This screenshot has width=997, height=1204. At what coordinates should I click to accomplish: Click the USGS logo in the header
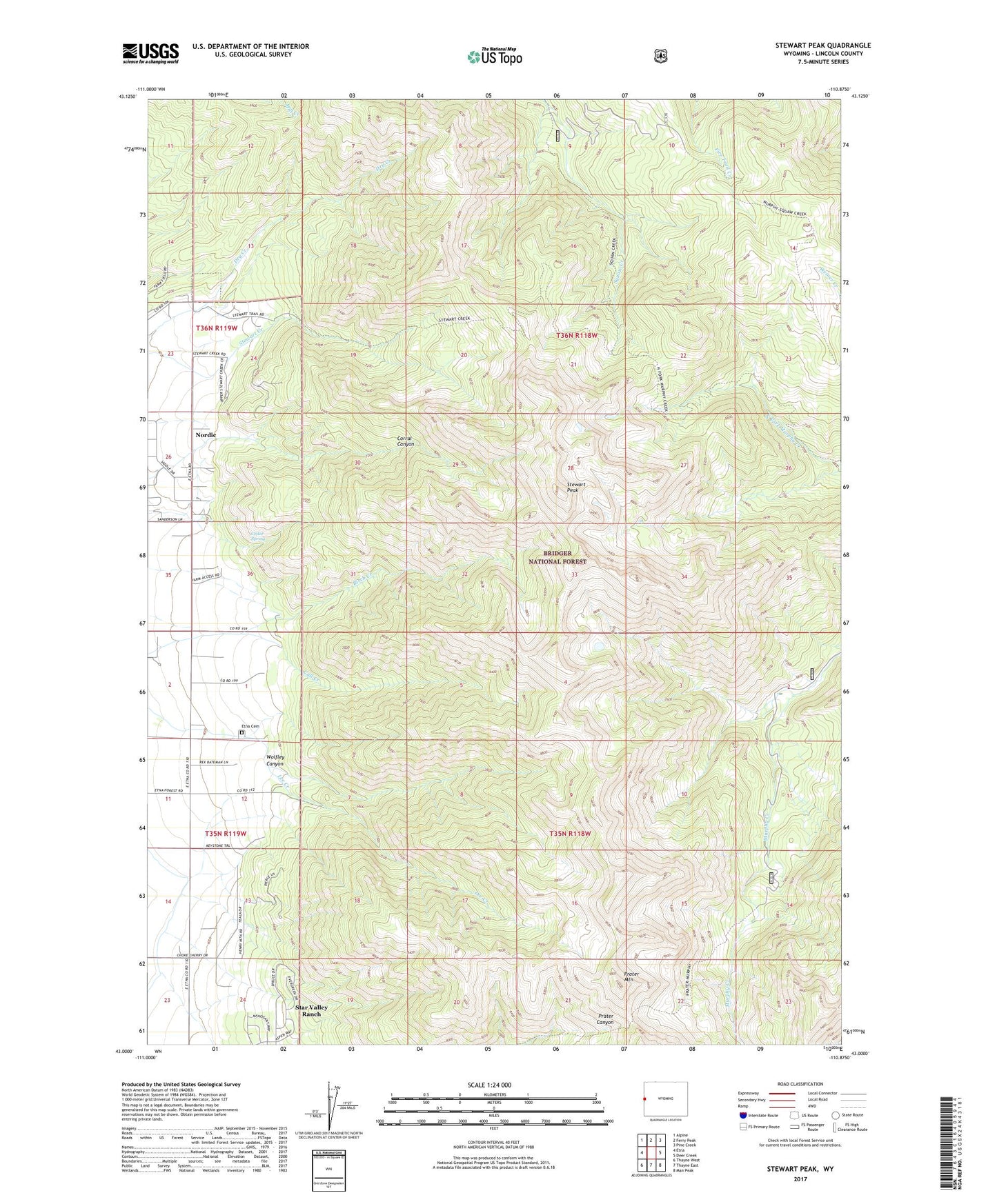click(150, 52)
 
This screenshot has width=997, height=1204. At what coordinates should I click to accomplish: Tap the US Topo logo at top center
click(493, 56)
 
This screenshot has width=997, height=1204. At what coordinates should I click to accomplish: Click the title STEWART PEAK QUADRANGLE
click(822, 46)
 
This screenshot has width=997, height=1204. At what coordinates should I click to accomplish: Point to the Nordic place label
click(206, 435)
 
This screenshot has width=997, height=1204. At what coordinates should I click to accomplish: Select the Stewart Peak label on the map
click(576, 487)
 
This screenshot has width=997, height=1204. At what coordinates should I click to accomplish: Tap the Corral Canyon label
click(406, 441)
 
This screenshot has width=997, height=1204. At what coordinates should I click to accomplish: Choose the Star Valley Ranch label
click(311, 1010)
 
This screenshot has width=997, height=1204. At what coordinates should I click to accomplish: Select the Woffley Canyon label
click(275, 761)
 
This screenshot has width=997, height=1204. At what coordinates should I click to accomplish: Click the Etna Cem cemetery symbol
click(241, 733)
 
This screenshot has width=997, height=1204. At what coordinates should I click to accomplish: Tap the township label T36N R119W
click(217, 328)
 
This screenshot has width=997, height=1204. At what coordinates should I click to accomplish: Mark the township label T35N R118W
click(570, 833)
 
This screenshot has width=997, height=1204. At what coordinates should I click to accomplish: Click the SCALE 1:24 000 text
click(489, 1085)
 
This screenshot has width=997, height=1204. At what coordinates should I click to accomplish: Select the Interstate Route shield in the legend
click(742, 1114)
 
